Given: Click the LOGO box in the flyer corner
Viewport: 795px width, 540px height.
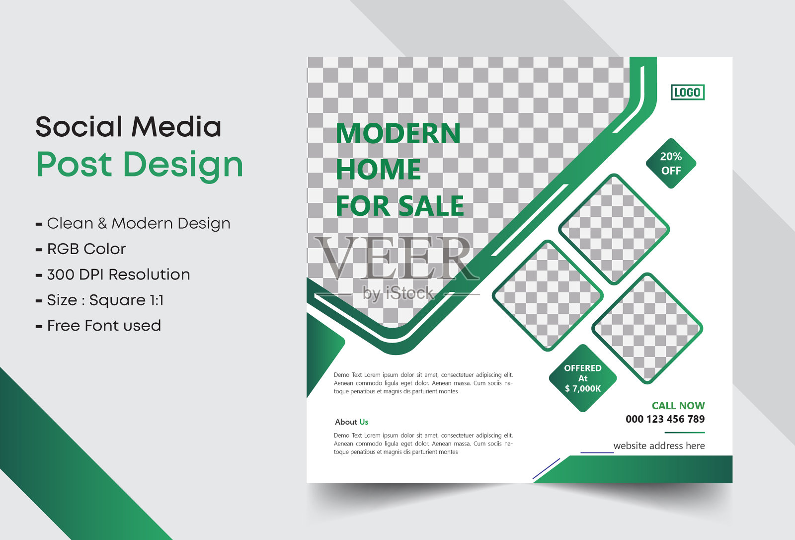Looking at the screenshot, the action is click(x=688, y=92).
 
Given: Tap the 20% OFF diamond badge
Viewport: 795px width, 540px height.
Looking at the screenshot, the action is click(x=671, y=164).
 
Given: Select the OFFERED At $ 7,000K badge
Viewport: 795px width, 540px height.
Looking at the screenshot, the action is click(x=583, y=378).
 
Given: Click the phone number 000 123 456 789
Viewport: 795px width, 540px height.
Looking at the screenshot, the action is click(x=665, y=419).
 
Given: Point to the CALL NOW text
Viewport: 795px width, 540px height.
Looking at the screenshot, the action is click(x=678, y=405).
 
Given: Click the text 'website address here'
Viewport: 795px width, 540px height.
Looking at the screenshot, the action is click(x=659, y=446).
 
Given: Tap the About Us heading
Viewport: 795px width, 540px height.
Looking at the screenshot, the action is click(x=351, y=422).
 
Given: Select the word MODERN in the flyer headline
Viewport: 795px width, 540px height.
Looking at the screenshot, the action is click(x=398, y=133).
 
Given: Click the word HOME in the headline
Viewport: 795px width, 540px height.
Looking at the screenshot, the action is click(x=378, y=170).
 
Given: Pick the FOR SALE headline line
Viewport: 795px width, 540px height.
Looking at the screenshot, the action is click(x=399, y=206).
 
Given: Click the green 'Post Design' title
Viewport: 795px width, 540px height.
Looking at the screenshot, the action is click(x=140, y=165).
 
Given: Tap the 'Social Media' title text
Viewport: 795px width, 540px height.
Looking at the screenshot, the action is click(x=128, y=126).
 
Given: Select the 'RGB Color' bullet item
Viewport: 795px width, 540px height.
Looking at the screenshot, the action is click(x=81, y=249).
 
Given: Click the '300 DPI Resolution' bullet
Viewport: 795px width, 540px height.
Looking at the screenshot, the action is click(x=113, y=274).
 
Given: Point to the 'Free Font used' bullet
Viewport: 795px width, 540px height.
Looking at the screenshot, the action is click(x=98, y=326).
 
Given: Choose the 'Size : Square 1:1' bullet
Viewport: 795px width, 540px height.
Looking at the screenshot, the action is click(x=100, y=300).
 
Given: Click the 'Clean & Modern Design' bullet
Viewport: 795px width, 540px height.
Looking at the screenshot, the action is click(x=133, y=223).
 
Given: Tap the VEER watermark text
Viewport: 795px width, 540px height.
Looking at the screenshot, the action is click(x=396, y=258).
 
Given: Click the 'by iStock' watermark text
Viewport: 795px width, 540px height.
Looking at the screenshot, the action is click(x=398, y=293).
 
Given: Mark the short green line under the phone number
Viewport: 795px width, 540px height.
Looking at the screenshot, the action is click(x=685, y=433).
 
